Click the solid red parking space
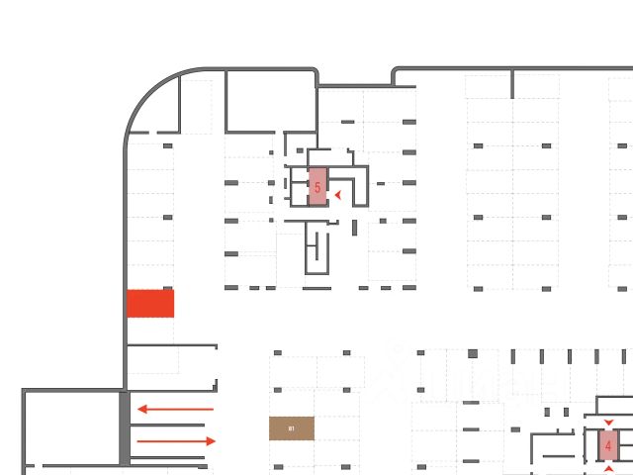150,303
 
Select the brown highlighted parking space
292,427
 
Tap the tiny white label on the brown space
292,428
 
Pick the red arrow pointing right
176,440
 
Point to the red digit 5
317,187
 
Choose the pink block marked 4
607,445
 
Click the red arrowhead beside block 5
338,195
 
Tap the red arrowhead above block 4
607,423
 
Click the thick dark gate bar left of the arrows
125,427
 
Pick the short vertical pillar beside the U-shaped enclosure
354,228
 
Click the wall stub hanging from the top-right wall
512,84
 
